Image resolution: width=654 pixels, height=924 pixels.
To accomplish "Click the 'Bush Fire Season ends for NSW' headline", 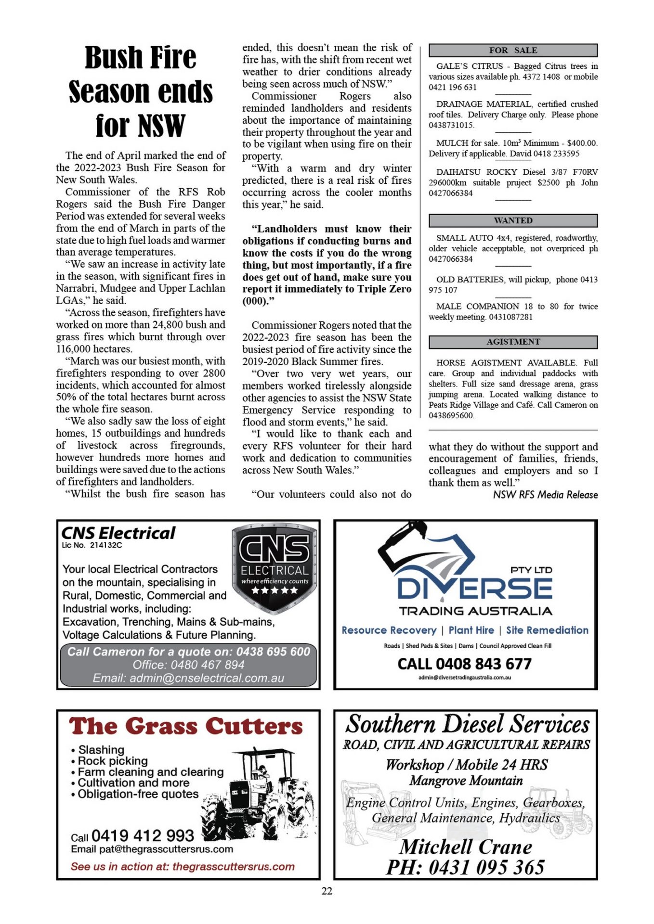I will (x=141, y=91).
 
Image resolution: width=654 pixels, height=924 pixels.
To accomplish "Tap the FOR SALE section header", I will (x=513, y=50).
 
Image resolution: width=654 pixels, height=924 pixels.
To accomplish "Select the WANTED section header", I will (x=513, y=220).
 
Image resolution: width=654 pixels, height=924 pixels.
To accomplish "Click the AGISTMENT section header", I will (x=513, y=342).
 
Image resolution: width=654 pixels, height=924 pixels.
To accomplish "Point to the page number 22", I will (x=327, y=891).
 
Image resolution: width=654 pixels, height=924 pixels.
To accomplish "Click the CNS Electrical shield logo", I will (x=275, y=568).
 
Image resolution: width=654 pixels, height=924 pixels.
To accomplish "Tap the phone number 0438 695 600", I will (x=273, y=652).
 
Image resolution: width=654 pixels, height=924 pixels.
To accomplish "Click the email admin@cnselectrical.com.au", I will (x=188, y=678).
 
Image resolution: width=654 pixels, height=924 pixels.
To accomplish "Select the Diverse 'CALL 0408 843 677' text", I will (x=465, y=664).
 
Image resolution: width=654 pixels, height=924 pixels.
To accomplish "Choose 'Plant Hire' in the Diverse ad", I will (x=471, y=630).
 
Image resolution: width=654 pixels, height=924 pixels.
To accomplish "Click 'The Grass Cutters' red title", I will (x=186, y=726).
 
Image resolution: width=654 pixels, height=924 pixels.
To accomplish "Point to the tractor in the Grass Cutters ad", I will (x=260, y=794).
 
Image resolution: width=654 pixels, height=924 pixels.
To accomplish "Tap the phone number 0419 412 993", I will (x=143, y=835).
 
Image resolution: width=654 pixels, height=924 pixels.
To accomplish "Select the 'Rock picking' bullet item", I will (x=113, y=761).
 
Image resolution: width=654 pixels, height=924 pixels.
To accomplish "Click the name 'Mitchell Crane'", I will (x=466, y=847).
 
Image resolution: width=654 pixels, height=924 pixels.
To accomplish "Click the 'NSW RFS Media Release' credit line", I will (x=545, y=495).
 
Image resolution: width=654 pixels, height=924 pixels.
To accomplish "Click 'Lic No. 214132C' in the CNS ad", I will (x=92, y=545).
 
